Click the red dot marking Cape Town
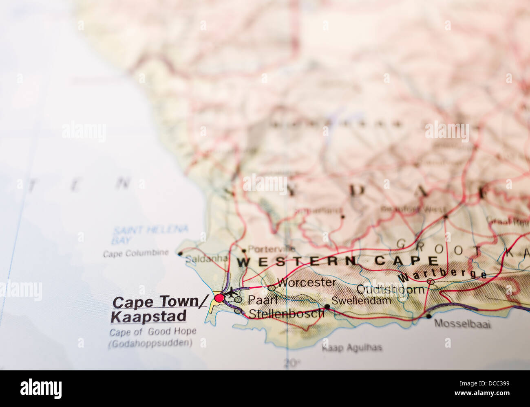(x=219, y=298)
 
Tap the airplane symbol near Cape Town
(x=232, y=292)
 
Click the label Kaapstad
(x=149, y=316)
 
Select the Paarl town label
(x=263, y=300)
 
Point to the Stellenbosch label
(x=286, y=314)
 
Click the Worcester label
(x=307, y=282)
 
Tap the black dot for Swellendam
(x=327, y=306)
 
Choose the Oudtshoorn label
(x=390, y=289)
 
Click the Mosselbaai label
(x=462, y=324)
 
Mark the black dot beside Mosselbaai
(x=428, y=316)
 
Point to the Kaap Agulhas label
(x=352, y=348)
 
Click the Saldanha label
(x=206, y=259)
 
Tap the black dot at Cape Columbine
(x=180, y=254)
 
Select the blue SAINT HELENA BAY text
(x=150, y=235)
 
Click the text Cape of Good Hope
(x=153, y=332)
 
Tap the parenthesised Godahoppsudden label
(x=150, y=344)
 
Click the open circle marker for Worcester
(x=272, y=288)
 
